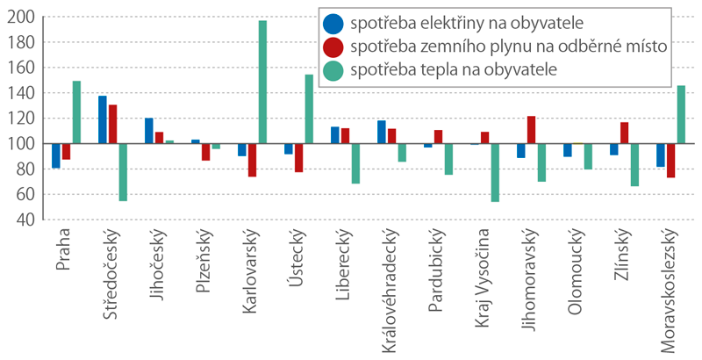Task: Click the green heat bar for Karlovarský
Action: [x=262, y=82]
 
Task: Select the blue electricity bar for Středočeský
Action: [x=103, y=119]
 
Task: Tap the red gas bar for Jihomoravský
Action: [x=532, y=130]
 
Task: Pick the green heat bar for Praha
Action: [x=76, y=112]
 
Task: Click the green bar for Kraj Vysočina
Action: [x=495, y=172]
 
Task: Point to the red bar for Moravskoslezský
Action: [x=671, y=161]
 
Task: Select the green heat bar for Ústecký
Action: [x=309, y=109]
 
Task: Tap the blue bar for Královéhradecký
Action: [x=382, y=132]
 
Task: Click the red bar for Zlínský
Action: [x=625, y=133]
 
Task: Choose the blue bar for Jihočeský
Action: [x=149, y=131]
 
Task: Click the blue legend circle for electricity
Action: [x=333, y=24]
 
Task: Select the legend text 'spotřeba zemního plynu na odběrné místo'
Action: [x=509, y=47]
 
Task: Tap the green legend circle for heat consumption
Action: [x=333, y=70]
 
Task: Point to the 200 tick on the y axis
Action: [x=20, y=17]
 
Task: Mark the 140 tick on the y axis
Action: [x=20, y=93]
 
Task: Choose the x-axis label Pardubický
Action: [x=435, y=270]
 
